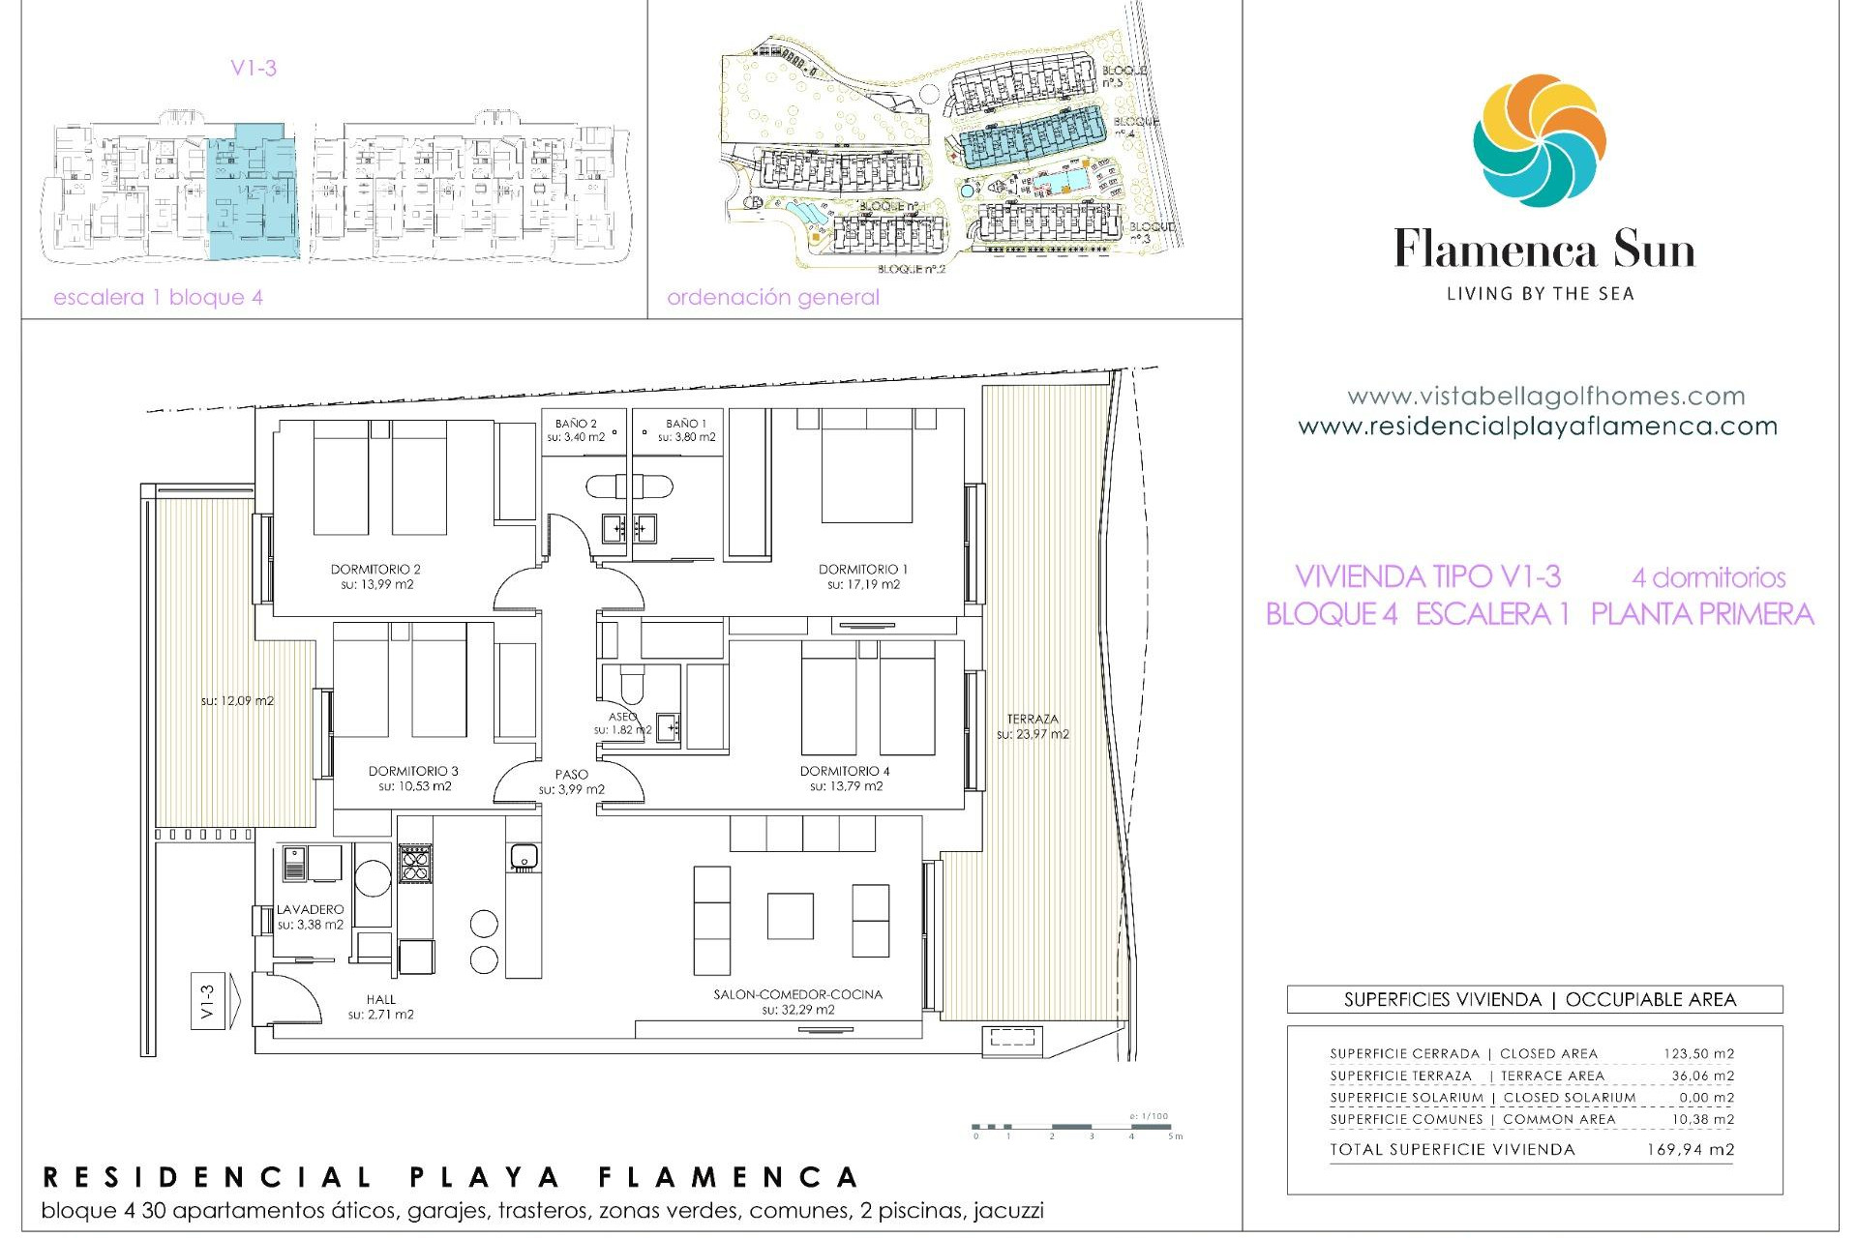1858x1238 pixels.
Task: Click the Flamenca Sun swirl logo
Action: point(1539,141)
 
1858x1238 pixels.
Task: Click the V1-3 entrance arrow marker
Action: point(208,1001)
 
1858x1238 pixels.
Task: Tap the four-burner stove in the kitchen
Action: point(415,863)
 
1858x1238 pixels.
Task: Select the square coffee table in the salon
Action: point(790,916)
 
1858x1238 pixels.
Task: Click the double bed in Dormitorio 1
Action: point(867,468)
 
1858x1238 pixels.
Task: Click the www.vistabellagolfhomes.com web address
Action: point(1545,397)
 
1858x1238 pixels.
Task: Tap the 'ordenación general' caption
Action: point(772,298)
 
